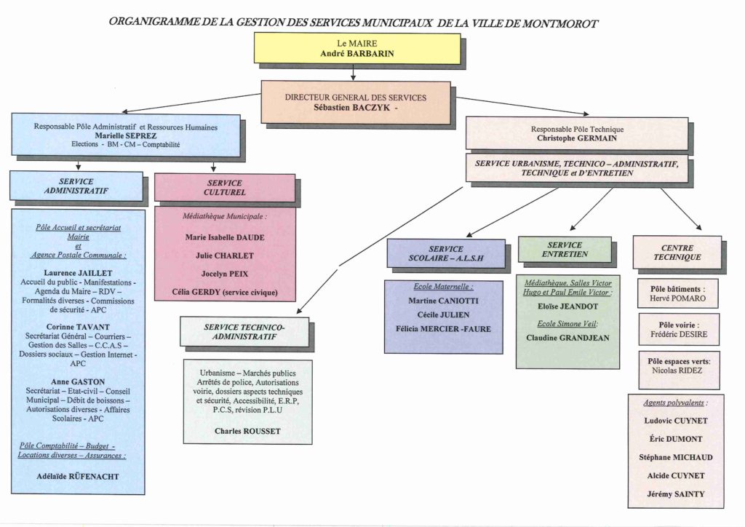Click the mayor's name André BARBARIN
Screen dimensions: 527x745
point(356,54)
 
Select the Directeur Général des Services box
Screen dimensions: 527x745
point(356,102)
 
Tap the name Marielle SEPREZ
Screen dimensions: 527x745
point(125,135)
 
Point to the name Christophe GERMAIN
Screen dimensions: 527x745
point(576,138)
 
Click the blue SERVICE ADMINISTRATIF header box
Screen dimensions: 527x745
point(76,186)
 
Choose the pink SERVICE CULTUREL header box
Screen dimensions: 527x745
point(224,188)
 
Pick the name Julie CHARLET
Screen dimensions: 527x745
point(225,255)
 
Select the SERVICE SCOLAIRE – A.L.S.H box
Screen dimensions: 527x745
point(445,253)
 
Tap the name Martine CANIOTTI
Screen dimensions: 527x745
point(443,301)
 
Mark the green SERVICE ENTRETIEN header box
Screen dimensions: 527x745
point(564,250)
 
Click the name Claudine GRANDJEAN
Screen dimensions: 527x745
point(567,338)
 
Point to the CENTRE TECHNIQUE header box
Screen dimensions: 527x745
point(677,252)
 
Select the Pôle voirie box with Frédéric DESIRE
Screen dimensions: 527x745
point(678,329)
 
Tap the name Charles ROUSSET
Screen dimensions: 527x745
point(247,431)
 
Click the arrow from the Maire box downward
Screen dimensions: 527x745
point(353,72)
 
